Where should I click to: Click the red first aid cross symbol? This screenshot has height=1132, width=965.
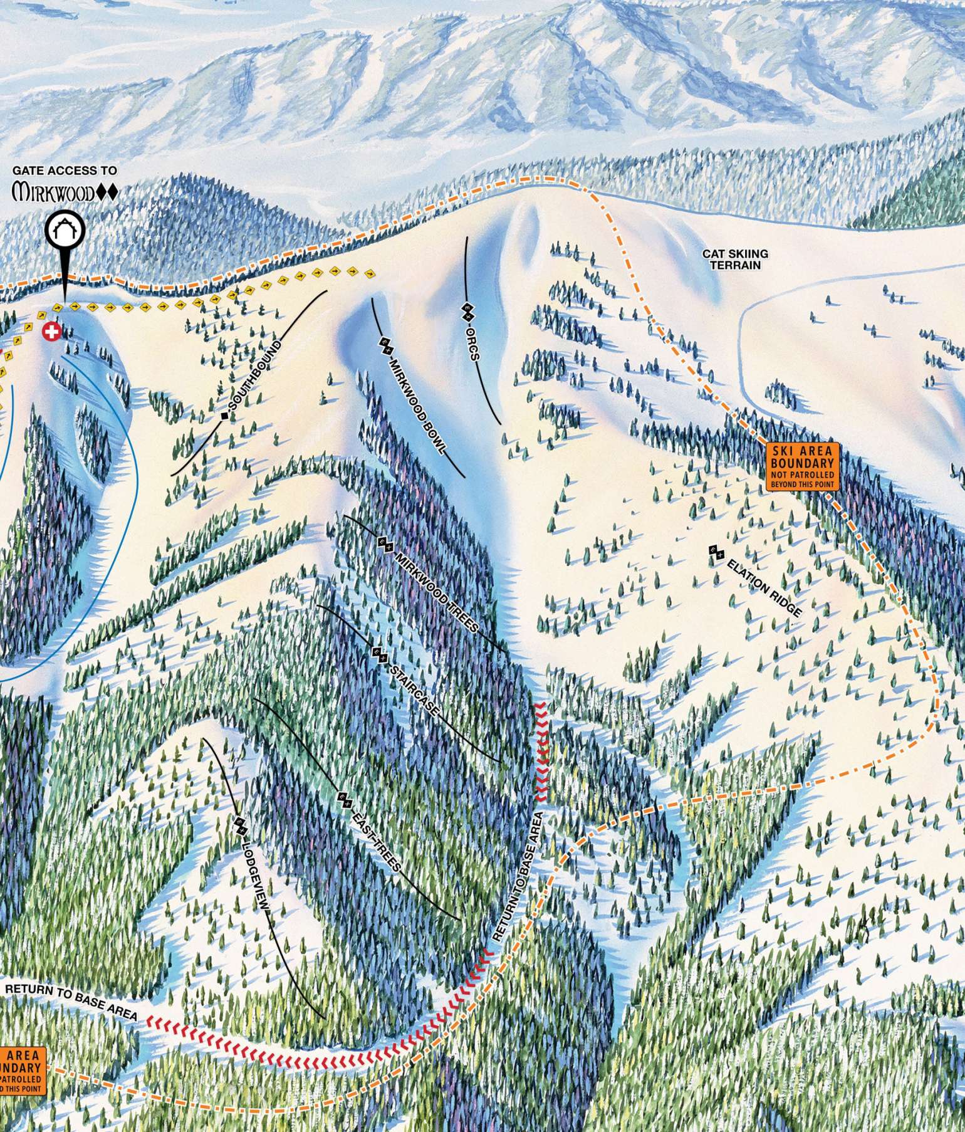click(51, 332)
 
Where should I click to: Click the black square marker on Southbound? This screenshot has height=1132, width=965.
click(224, 416)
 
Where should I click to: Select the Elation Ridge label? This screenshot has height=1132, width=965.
click(765, 589)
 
